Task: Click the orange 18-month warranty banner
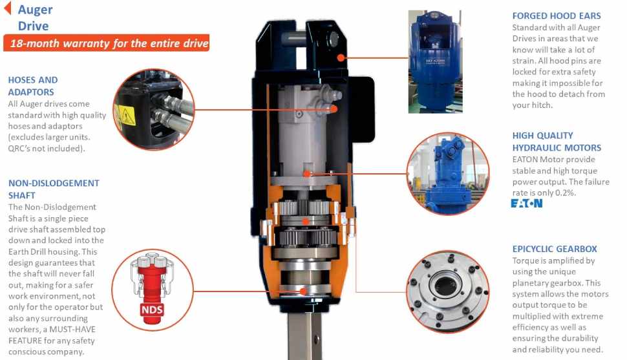click(x=107, y=43)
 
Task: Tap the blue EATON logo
click(x=527, y=203)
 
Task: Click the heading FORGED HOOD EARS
click(x=557, y=16)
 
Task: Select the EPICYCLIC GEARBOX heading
click(x=555, y=249)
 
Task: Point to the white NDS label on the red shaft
click(x=152, y=309)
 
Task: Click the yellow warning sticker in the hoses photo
click(x=124, y=115)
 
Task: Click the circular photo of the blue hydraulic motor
click(x=448, y=173)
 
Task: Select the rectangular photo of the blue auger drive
click(x=435, y=61)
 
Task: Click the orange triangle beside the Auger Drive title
click(x=7, y=8)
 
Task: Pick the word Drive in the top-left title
click(x=33, y=26)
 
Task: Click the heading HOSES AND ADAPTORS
click(x=33, y=86)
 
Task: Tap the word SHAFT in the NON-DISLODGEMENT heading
click(x=21, y=196)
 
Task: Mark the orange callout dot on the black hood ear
click(x=341, y=58)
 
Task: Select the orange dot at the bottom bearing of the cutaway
click(x=304, y=291)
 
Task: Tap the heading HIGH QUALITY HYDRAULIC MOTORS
click(x=557, y=142)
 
